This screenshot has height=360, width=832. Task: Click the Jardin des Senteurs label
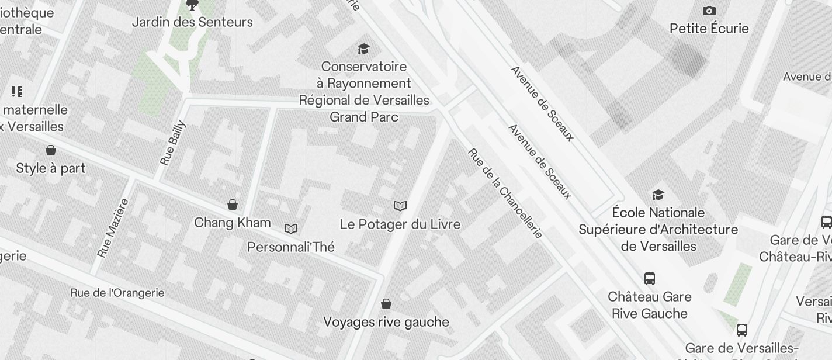click(x=192, y=22)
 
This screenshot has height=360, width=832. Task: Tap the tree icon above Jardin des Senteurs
click(x=192, y=5)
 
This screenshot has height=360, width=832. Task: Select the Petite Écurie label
click(x=709, y=29)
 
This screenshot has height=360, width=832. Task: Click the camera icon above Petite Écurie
click(x=709, y=11)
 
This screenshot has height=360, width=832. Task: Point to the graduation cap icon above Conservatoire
click(x=364, y=49)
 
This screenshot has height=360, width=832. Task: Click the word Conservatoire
click(x=363, y=67)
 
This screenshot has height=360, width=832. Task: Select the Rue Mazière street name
click(x=113, y=228)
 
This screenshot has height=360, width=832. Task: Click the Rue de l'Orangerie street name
click(x=117, y=293)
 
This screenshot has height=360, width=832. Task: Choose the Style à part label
click(x=51, y=169)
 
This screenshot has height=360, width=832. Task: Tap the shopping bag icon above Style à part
click(x=51, y=151)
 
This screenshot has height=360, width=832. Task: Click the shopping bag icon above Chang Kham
click(x=233, y=205)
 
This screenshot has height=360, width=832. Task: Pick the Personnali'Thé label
click(x=291, y=247)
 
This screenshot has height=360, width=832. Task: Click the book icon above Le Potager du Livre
click(x=400, y=206)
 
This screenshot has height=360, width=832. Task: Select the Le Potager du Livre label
click(x=400, y=224)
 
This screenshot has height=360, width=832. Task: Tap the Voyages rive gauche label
click(x=386, y=322)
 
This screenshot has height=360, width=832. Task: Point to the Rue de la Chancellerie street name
click(x=505, y=193)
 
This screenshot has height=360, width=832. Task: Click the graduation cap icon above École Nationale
click(x=658, y=195)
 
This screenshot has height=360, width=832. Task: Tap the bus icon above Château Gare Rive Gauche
click(x=649, y=279)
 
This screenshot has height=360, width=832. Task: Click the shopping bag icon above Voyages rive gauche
click(x=386, y=304)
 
